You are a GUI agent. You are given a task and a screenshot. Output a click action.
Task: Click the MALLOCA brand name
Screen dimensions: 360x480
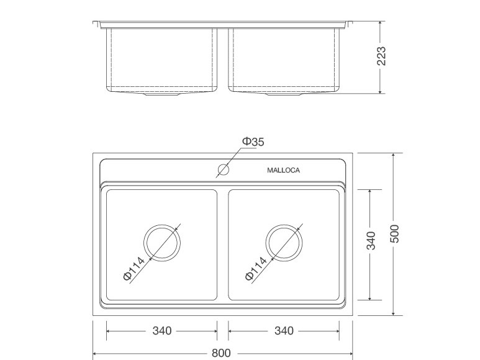click(283, 171)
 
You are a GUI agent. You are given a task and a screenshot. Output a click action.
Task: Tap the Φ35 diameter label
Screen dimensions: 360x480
click(253, 142)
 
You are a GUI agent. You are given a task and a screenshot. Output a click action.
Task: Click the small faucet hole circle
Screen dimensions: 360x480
click(224, 169)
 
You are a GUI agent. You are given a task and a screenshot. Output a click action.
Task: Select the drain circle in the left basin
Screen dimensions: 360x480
click(162, 243)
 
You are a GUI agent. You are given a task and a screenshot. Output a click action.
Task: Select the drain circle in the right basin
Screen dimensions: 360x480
click(284, 243)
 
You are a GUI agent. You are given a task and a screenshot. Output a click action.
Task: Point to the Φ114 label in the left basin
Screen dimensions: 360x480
click(134, 269)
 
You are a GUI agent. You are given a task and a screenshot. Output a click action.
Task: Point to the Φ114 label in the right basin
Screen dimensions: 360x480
click(256, 269)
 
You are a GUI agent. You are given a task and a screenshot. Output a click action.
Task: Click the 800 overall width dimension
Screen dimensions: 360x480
click(221, 354)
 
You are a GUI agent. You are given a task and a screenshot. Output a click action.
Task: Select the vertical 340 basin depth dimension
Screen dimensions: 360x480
click(371, 241)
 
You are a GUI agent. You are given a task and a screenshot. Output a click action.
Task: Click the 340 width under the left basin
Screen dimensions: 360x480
click(162, 331)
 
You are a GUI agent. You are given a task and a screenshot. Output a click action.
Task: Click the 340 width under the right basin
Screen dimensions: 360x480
click(284, 331)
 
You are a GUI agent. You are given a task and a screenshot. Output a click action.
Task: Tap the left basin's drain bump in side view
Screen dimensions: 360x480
click(163, 96)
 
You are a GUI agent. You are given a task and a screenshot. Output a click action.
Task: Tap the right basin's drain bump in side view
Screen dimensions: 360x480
click(284, 96)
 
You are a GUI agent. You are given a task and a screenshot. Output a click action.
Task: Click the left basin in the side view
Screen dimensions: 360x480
click(163, 59)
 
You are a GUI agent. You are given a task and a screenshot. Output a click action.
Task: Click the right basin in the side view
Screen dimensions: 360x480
click(284, 59)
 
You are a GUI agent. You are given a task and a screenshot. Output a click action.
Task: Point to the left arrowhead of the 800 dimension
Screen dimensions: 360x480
click(95, 354)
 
